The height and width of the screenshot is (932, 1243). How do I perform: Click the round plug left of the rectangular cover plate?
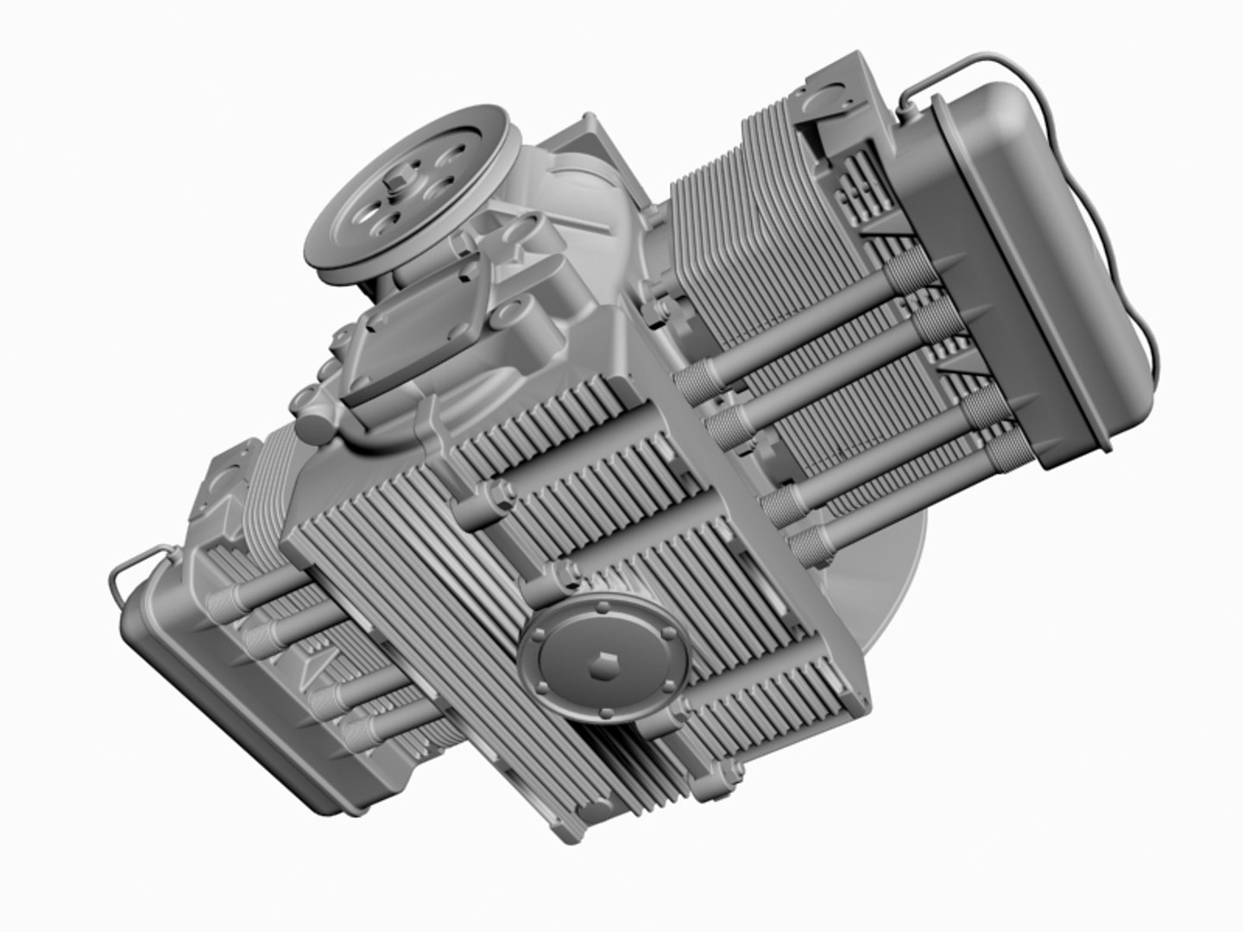pos(315,427)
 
